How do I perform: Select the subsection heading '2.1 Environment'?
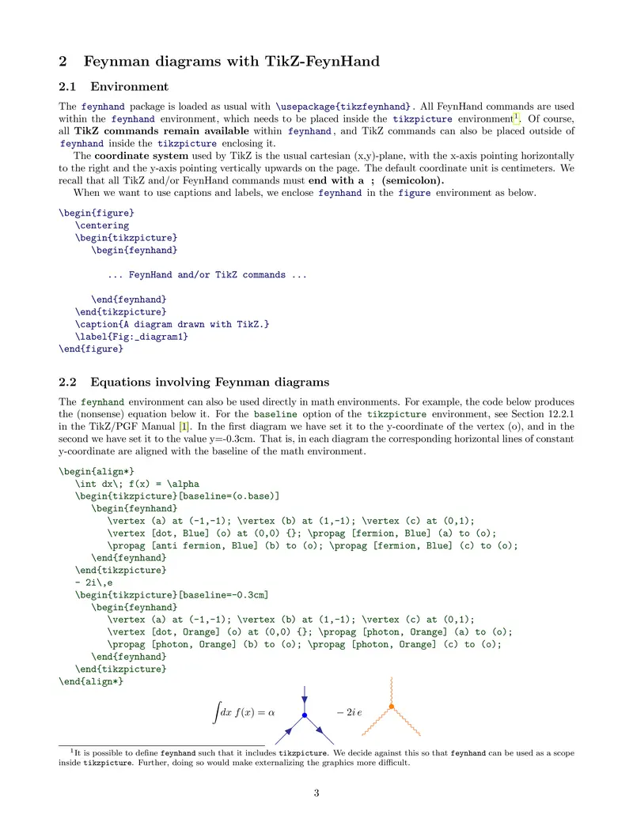coord(129,86)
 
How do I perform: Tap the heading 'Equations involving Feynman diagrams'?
coord(210,383)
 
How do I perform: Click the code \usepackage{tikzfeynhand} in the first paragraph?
coord(343,106)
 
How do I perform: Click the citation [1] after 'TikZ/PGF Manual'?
coord(184,427)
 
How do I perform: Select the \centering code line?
coord(102,225)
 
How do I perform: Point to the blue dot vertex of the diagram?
coord(305,716)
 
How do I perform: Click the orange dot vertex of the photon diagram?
coord(391,706)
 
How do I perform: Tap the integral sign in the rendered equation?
coord(216,713)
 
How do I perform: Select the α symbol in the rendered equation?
coord(271,713)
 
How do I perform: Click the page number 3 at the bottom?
coord(316,793)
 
